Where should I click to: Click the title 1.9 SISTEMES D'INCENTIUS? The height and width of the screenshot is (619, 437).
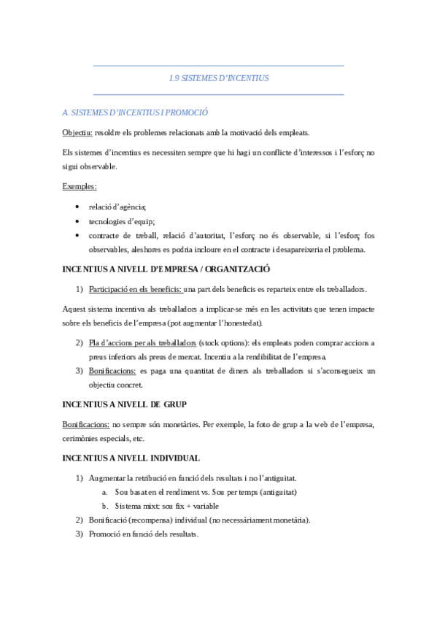[x=218, y=77]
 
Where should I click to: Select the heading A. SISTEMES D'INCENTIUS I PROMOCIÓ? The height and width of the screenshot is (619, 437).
[x=136, y=113]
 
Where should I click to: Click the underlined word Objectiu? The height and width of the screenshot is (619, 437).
[x=77, y=132]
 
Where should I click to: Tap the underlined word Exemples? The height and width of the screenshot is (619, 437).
[x=80, y=186]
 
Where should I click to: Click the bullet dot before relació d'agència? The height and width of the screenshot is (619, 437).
[x=78, y=207]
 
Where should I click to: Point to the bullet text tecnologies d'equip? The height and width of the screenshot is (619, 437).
[x=122, y=222]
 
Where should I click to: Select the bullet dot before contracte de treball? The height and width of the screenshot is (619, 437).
[x=78, y=236]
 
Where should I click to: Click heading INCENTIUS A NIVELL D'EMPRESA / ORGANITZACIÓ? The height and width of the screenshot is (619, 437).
[x=166, y=269]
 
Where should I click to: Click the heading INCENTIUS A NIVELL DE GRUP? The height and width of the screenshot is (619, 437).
[x=125, y=404]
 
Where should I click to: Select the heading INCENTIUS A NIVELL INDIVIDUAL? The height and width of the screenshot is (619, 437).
[x=131, y=458]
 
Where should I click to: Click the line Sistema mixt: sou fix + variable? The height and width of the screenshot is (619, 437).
[x=166, y=506]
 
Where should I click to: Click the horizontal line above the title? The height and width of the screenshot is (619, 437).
[x=218, y=66]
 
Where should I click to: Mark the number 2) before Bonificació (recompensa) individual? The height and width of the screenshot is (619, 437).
[x=80, y=520]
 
